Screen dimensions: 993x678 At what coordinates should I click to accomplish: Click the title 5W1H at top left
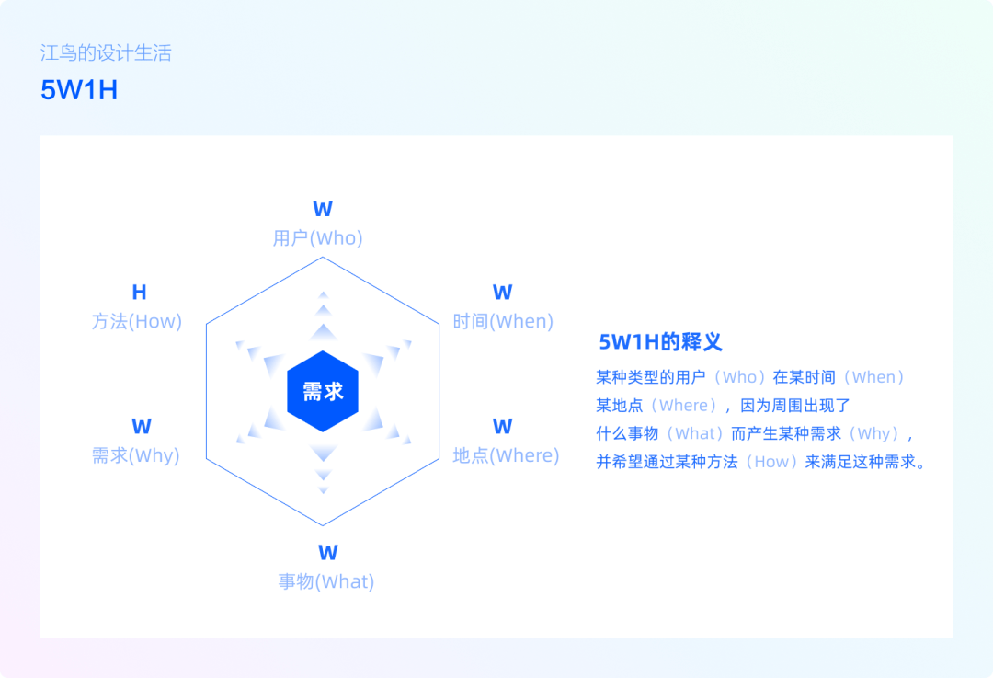coord(79,90)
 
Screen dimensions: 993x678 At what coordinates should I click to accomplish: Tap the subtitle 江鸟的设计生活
coord(106,52)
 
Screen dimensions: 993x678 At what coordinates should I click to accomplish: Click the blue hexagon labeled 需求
coord(323,392)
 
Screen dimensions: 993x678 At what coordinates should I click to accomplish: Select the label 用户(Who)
coord(318,238)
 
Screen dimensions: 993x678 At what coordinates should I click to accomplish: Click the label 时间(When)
coord(503,321)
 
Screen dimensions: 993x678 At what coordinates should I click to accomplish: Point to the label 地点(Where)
coord(506,455)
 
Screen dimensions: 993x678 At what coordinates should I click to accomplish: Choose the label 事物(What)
coord(326,581)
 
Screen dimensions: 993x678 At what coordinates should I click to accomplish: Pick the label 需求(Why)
coord(135,455)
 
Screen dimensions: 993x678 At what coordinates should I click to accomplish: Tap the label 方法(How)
coord(137,321)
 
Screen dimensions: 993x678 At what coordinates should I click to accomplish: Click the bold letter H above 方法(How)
coord(140,293)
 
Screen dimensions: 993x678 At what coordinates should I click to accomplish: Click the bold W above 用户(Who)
coord(323,209)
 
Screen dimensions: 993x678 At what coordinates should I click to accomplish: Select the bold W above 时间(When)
coord(503,293)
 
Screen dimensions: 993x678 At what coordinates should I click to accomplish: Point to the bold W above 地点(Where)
coord(503,427)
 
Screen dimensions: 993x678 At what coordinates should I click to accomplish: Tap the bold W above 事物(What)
coord(328,553)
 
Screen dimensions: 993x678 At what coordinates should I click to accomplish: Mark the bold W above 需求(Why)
coord(142,427)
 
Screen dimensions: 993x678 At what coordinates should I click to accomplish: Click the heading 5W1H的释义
coord(660,342)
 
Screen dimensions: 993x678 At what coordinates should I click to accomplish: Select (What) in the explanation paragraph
coord(695,433)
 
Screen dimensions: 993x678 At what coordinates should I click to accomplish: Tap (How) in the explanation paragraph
coord(771,462)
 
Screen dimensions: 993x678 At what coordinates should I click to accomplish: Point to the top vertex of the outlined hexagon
coord(323,257)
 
